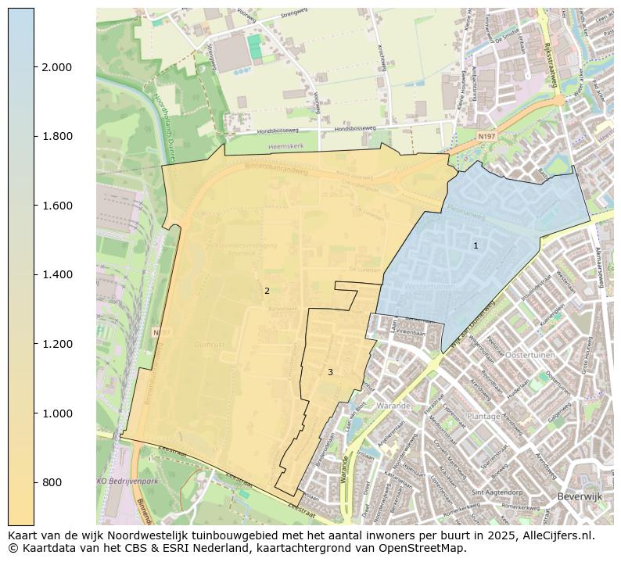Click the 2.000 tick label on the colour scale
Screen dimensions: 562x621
pyautogui.click(x=56, y=67)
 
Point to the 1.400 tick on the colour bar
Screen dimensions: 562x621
pyautogui.click(x=56, y=274)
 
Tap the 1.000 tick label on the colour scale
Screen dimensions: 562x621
pyautogui.click(x=56, y=413)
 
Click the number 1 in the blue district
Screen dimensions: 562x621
pyautogui.click(x=476, y=245)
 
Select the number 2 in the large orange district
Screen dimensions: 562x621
pyautogui.click(x=267, y=291)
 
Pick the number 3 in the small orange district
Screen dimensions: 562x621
pyautogui.click(x=330, y=372)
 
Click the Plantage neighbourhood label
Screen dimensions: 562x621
pyautogui.click(x=483, y=417)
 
